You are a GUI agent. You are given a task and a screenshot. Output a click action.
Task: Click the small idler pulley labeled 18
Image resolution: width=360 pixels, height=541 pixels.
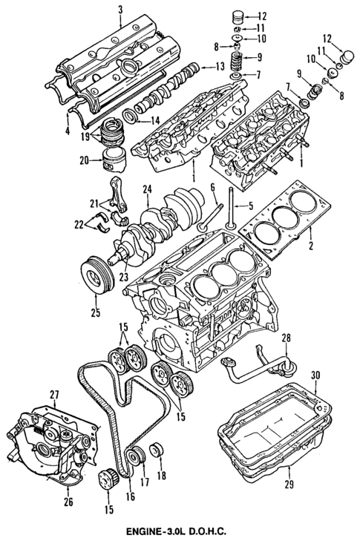click(x=156, y=450)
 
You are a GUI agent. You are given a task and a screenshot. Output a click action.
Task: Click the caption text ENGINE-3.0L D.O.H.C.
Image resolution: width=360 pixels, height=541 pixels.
click(x=182, y=531)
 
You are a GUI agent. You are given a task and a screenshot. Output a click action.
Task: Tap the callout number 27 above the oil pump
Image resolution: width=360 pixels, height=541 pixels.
click(x=53, y=394)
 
